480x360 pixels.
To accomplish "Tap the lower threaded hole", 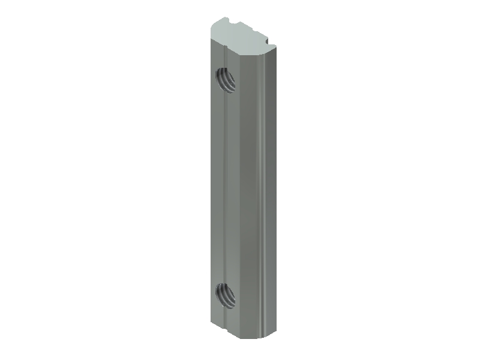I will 224,295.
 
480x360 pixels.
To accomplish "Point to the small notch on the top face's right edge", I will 268,42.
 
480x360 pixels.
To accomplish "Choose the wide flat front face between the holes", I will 243,186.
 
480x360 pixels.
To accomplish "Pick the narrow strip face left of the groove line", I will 217,186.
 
